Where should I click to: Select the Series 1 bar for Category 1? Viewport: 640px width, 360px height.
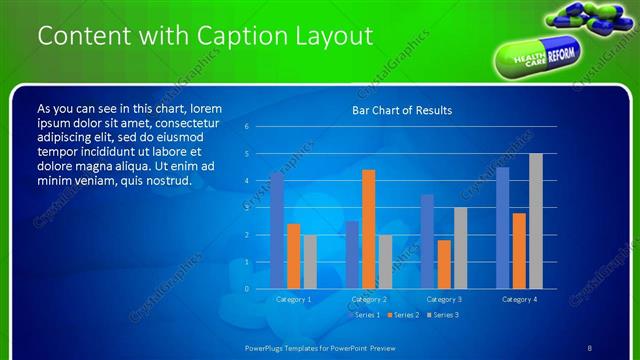(277, 231)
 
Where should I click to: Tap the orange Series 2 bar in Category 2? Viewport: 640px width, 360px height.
(368, 229)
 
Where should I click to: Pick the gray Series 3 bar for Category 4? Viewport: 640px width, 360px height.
(536, 221)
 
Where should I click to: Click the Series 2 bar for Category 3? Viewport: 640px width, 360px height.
(444, 264)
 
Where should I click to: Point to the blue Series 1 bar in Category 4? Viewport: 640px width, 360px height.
(502, 228)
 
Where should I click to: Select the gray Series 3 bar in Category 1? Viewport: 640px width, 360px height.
(310, 261)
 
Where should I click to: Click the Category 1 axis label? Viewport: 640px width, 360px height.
(293, 299)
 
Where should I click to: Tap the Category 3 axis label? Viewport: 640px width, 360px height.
(444, 299)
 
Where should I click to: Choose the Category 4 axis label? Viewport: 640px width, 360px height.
(519, 299)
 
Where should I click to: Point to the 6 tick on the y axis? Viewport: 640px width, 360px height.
(247, 127)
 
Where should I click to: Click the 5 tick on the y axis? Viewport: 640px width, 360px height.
(247, 154)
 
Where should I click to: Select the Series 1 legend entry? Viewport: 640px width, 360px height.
(365, 315)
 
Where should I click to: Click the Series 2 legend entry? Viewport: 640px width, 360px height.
(404, 315)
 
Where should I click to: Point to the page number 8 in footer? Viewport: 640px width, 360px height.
(590, 347)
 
